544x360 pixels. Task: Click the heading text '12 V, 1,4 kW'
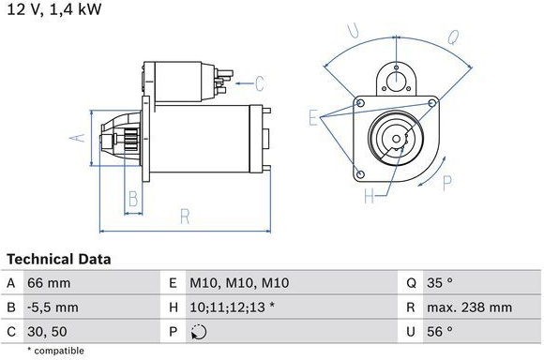click(54, 9)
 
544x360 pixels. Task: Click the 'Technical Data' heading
click(59, 259)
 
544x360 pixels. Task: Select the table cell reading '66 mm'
click(49, 283)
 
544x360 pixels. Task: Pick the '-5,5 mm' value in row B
click(53, 307)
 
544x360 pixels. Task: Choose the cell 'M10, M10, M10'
click(239, 283)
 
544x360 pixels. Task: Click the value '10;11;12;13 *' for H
click(233, 307)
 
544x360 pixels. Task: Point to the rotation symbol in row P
click(199, 332)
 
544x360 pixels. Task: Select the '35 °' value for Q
click(440, 283)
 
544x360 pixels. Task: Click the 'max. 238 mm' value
click(469, 307)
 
